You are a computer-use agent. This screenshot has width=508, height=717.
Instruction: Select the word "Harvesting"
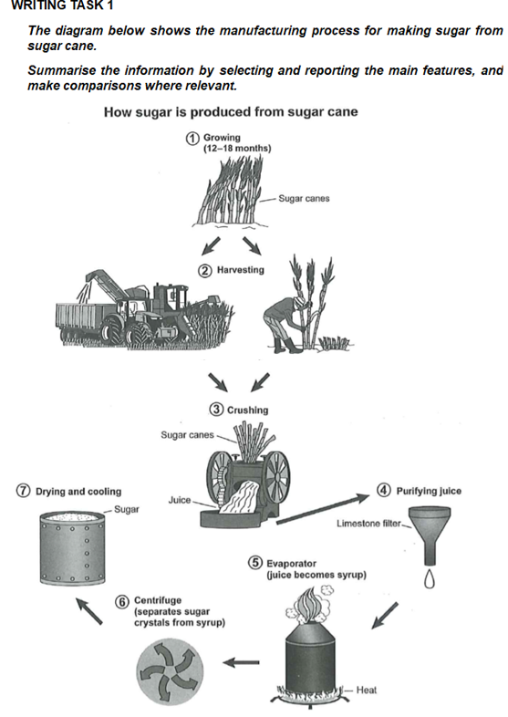point(241,270)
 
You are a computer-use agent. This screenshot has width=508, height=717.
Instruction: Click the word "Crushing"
point(248,410)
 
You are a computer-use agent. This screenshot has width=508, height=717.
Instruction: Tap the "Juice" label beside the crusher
point(179,500)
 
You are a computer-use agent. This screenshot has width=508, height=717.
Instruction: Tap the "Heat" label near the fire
point(367,690)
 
